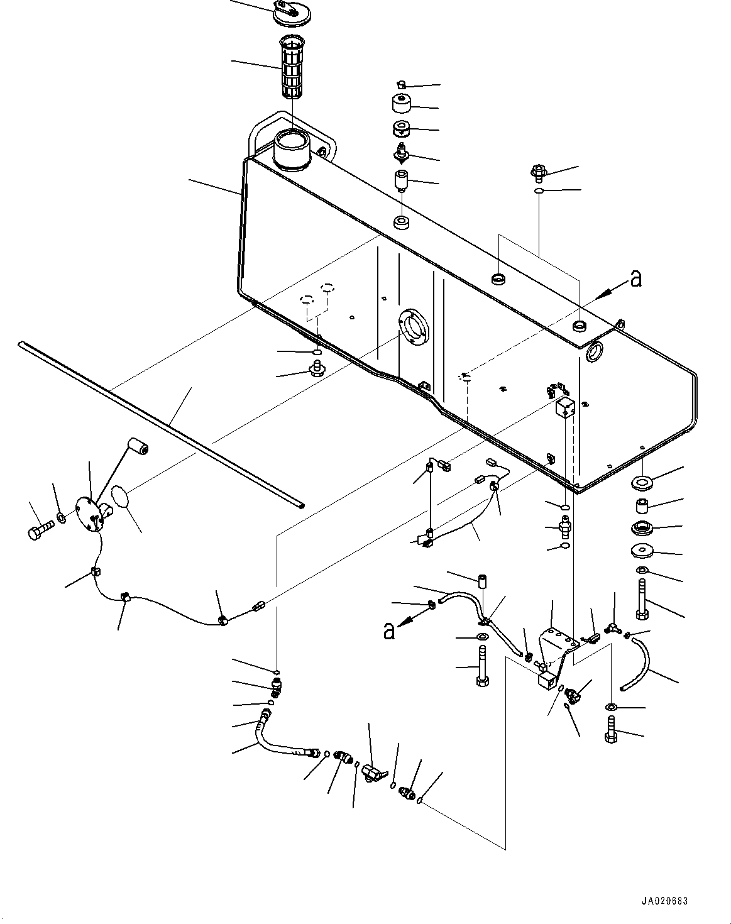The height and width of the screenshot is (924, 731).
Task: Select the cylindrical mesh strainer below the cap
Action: tap(292, 67)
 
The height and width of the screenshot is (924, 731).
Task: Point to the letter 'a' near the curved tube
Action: tap(389, 631)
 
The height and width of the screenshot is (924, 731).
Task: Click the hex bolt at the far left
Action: tap(41, 529)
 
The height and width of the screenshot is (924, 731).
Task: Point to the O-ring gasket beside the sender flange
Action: tap(122, 497)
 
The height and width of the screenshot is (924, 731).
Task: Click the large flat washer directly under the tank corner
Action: tap(643, 481)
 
